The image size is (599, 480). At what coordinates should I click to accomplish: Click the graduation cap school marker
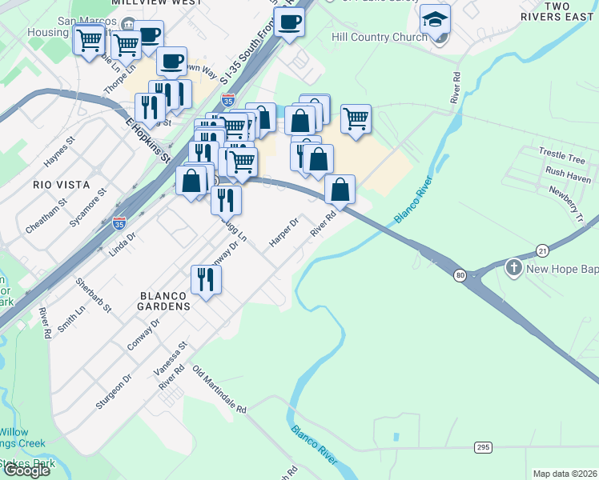[x=436, y=18]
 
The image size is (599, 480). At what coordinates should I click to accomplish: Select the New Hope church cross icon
[x=514, y=267]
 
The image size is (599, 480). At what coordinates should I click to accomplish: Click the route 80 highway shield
[x=460, y=275]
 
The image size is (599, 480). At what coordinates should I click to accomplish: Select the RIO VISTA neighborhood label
[x=54, y=184]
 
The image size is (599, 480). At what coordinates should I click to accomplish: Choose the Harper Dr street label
[x=283, y=230]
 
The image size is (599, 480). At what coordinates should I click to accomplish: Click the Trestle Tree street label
[x=561, y=155]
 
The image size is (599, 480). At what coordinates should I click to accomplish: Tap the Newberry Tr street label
[x=567, y=198]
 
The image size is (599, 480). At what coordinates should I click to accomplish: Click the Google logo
[x=26, y=470]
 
